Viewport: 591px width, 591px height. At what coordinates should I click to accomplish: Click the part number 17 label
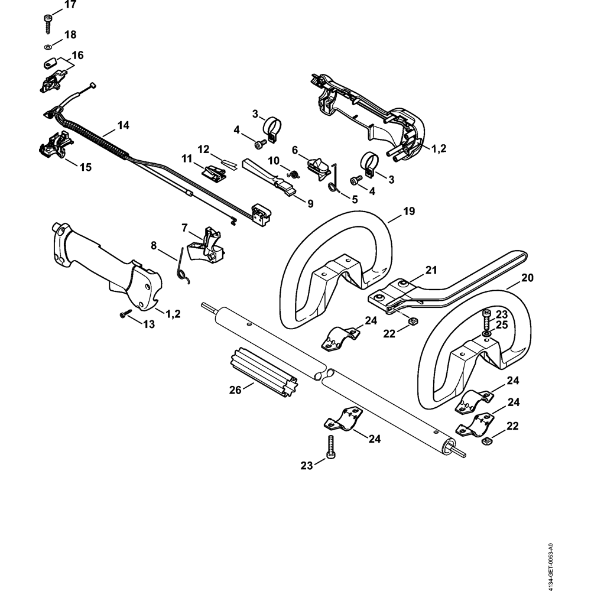pyautogui.click(x=70, y=5)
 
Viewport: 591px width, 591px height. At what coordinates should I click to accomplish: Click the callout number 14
pyautogui.click(x=123, y=125)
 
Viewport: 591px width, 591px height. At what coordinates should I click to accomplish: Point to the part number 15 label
pyautogui.click(x=85, y=167)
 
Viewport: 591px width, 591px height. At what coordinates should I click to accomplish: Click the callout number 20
pyautogui.click(x=528, y=277)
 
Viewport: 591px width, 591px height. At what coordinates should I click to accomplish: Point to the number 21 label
pyautogui.click(x=431, y=270)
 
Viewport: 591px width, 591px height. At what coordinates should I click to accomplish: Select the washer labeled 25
pyautogui.click(x=485, y=335)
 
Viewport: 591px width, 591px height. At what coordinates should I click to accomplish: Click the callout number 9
pyautogui.click(x=310, y=203)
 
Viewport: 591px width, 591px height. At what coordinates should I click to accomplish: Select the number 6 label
pyautogui.click(x=294, y=151)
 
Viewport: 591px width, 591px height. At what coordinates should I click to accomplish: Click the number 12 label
pyautogui.click(x=203, y=148)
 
